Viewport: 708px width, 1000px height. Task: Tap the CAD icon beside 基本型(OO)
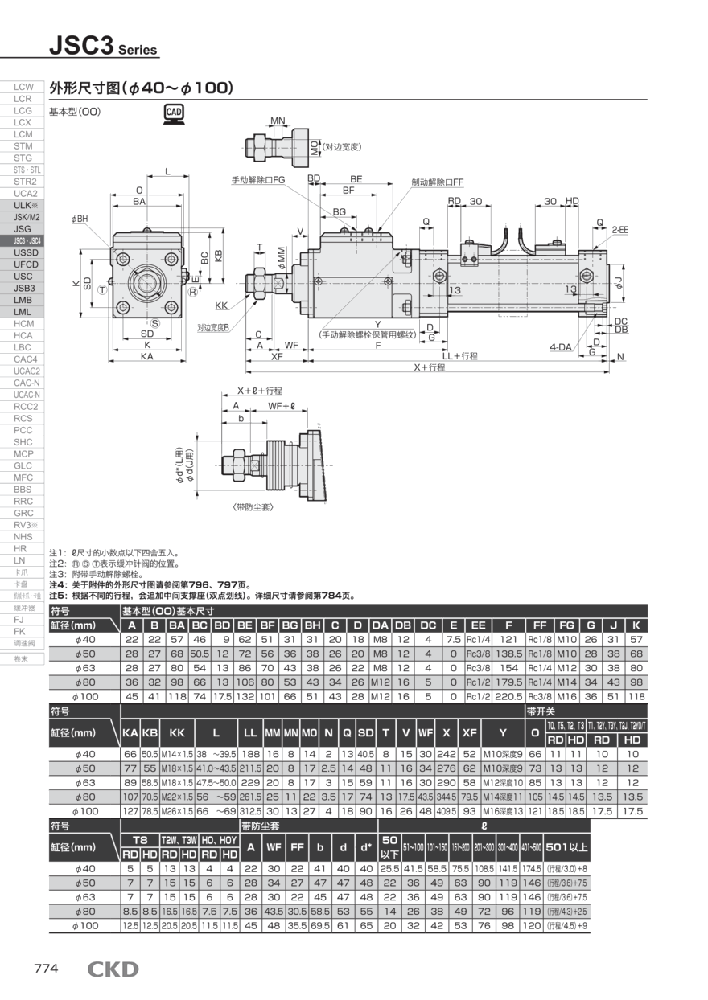[173, 113]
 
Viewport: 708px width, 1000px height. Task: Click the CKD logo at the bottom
[113, 969]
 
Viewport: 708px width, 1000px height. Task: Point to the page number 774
[46, 969]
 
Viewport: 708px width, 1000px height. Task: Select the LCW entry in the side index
[23, 87]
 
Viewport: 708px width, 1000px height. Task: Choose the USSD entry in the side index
[23, 252]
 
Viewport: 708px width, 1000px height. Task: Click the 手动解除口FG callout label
[259, 182]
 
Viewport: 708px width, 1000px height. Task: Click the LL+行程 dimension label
[460, 355]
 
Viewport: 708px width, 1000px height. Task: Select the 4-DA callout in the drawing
[561, 346]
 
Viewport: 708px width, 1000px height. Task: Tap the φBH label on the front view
[80, 219]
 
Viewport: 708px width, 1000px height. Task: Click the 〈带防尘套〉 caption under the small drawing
[251, 508]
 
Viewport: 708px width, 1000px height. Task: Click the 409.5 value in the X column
[445, 811]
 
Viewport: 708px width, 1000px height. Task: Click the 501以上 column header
[566, 846]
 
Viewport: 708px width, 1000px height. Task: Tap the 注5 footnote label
[59, 596]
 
